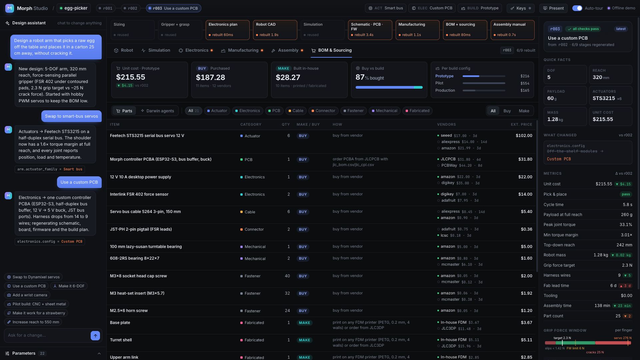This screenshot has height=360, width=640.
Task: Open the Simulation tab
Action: point(156,50)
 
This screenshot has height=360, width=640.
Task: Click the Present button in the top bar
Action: point(553,8)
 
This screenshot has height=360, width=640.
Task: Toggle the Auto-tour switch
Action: point(577,8)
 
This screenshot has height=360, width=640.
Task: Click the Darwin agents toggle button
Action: point(157,111)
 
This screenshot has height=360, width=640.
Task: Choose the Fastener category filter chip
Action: point(353,111)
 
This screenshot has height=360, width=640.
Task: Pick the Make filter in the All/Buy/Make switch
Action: point(524,111)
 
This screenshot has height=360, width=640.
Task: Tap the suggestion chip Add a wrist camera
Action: point(27,295)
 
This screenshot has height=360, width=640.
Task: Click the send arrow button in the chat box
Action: point(95,336)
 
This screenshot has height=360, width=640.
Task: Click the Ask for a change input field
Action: point(47,335)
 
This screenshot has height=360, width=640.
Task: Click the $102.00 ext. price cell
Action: point(524,136)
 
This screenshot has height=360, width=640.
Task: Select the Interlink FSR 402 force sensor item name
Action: point(139,194)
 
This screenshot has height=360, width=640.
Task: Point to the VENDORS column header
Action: point(446,125)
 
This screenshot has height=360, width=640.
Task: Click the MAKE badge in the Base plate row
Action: point(304,323)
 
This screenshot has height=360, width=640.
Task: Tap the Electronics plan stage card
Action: point(228,30)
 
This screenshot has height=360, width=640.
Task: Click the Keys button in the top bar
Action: point(520,8)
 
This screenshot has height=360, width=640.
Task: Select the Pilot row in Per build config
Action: point(482,83)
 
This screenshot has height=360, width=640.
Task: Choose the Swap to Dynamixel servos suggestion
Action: point(33,277)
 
